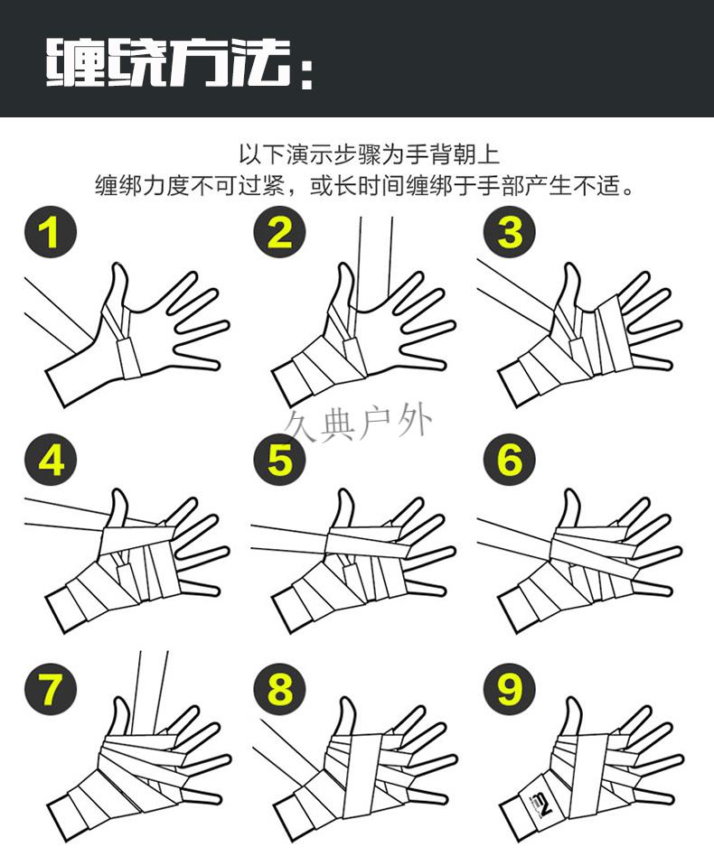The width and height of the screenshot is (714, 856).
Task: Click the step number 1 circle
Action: pyautogui.click(x=51, y=232)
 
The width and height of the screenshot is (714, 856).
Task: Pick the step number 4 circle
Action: pyautogui.click(x=51, y=461)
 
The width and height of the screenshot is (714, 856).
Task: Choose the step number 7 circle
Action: pyautogui.click(x=51, y=690)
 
